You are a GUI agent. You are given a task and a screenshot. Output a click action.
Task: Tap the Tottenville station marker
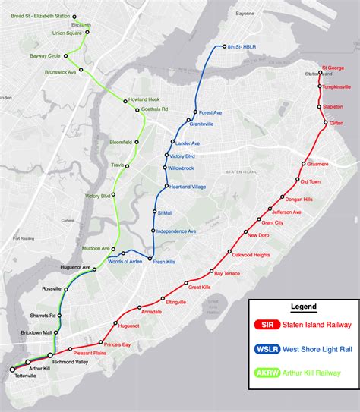coord(12,370)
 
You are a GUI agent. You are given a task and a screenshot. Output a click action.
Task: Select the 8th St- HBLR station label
coord(241,47)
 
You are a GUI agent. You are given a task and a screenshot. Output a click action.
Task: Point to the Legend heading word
coord(303,307)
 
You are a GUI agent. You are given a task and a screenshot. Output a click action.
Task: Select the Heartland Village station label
coord(187,187)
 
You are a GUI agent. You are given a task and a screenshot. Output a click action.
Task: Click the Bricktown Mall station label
coord(36,332)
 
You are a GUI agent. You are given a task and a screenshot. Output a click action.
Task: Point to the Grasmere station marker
coord(304,164)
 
